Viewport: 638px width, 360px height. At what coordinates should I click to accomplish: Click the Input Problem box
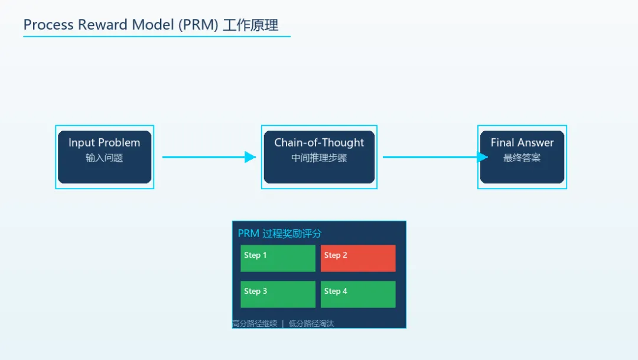point(105,157)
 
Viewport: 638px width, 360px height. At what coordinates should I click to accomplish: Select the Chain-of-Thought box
point(319,157)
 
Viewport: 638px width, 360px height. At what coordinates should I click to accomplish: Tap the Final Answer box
point(522,157)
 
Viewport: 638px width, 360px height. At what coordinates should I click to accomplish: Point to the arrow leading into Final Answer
point(434,157)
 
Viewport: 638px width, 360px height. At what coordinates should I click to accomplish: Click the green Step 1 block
point(278,258)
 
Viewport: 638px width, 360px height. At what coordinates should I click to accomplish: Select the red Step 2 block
point(358,258)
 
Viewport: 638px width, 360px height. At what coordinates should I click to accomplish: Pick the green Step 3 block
point(278,294)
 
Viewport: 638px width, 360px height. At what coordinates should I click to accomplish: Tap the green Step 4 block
point(358,294)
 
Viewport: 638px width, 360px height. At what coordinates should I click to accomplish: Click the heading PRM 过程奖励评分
point(279,233)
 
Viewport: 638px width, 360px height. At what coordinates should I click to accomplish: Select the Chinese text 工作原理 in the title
point(250,25)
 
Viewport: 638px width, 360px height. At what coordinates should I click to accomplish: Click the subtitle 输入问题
point(104,158)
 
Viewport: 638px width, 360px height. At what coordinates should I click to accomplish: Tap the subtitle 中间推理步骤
point(319,158)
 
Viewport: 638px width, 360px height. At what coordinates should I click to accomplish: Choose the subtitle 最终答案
point(522,158)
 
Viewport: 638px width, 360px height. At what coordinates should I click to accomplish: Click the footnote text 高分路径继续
point(255,323)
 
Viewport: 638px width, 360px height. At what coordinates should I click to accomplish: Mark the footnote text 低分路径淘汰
point(311,323)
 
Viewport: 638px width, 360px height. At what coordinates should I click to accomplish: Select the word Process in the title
point(48,25)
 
